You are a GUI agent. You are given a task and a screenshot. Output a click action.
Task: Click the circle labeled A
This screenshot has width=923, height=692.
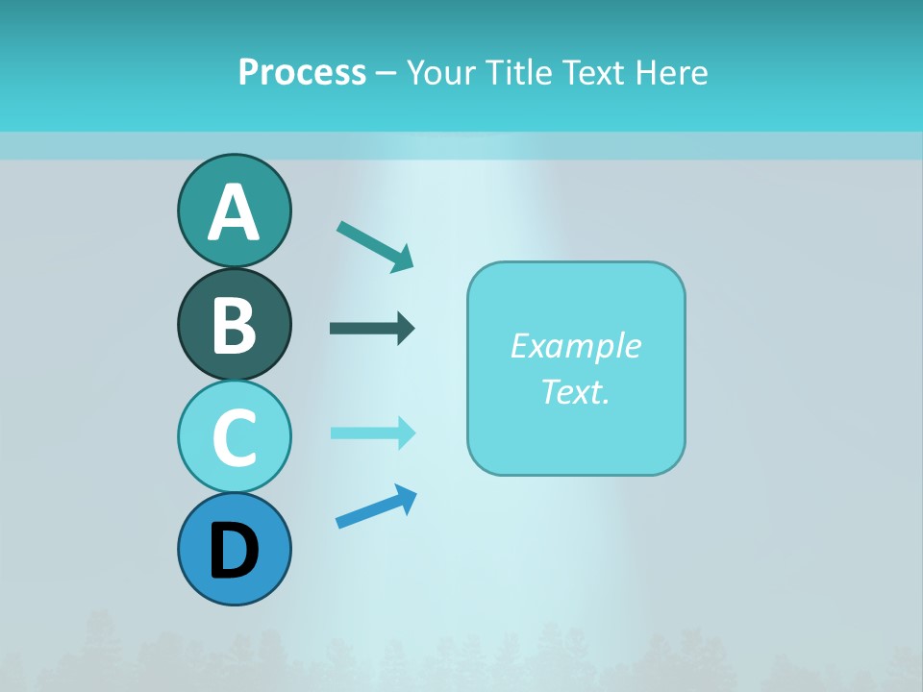click(234, 210)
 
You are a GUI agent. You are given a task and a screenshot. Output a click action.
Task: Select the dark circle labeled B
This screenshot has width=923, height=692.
click(234, 324)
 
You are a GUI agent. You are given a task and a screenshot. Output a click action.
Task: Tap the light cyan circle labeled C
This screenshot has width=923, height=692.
click(234, 436)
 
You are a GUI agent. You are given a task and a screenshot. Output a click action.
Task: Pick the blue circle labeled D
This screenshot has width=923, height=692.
click(234, 549)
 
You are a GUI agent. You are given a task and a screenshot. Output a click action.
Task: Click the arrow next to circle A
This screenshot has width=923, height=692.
click(374, 245)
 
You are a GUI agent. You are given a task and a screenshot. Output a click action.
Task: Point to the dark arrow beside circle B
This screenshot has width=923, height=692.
click(371, 329)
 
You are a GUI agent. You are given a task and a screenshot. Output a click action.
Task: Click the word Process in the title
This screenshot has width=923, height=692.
click(302, 72)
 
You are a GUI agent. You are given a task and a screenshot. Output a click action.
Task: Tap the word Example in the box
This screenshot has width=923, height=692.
click(575, 345)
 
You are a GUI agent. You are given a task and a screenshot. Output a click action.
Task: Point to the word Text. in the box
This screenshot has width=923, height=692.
click(575, 391)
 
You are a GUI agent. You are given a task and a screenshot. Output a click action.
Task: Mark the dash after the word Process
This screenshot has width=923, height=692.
click(386, 73)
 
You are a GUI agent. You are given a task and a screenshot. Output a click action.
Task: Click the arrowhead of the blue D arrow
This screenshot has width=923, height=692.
click(405, 498)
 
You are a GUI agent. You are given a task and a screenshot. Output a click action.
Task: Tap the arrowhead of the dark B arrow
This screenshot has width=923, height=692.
click(406, 329)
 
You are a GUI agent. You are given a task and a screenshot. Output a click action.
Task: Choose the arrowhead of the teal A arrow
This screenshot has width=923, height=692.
click(402, 259)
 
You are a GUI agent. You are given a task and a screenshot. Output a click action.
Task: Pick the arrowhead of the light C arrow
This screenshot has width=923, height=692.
click(406, 432)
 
